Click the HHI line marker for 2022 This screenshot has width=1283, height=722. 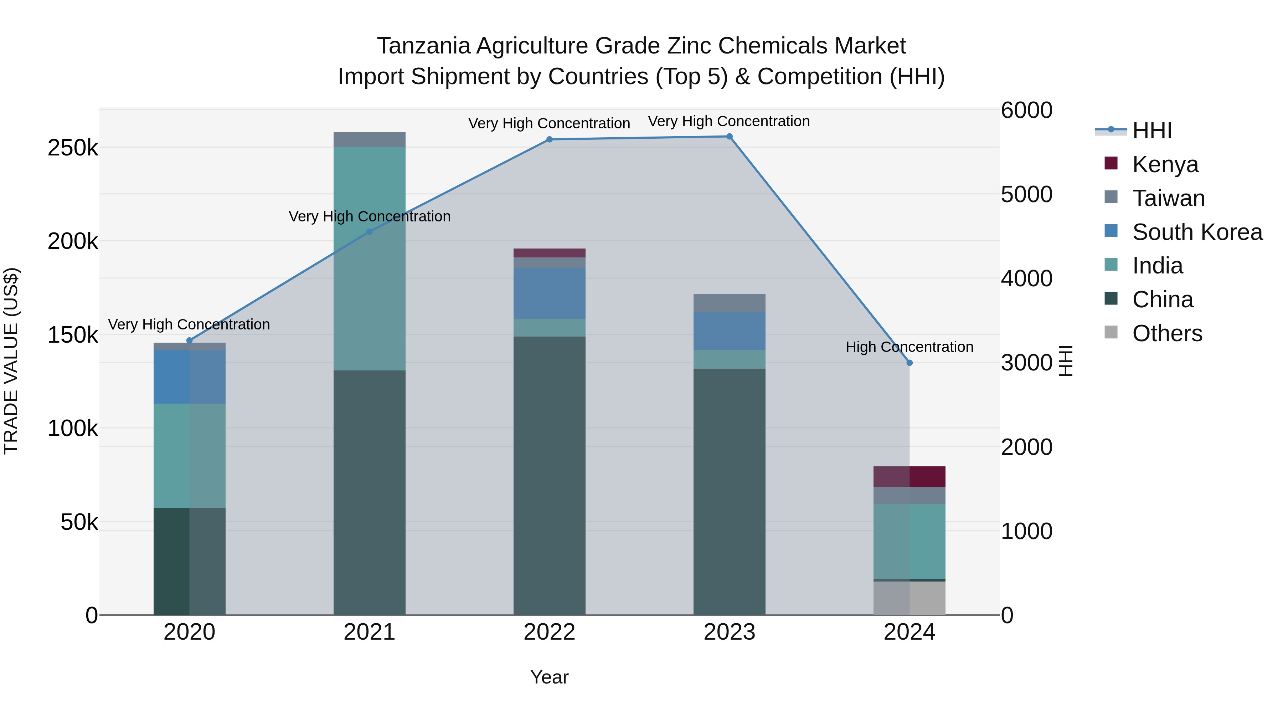click(x=549, y=139)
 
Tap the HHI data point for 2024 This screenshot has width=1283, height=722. click(x=910, y=363)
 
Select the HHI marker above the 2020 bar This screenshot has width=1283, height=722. click(x=189, y=340)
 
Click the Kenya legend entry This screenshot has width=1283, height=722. click(x=1164, y=164)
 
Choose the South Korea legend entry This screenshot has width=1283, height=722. click(x=1196, y=232)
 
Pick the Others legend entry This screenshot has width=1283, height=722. click(x=1166, y=333)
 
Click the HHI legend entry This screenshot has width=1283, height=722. click(x=1151, y=130)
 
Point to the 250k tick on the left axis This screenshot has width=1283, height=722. click(x=73, y=148)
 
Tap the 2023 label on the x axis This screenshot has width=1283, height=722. click(x=729, y=632)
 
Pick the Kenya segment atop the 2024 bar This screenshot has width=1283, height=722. click(x=910, y=476)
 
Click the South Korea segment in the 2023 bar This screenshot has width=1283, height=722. click(x=729, y=331)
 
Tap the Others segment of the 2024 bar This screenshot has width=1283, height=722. click(x=910, y=598)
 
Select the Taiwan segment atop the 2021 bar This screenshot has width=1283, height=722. click(x=369, y=139)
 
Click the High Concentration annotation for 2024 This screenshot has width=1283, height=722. click(x=910, y=347)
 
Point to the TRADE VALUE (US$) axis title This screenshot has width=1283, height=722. click(x=11, y=361)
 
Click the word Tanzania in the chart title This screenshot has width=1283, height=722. click(x=423, y=46)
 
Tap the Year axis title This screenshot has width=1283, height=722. click(x=549, y=677)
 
